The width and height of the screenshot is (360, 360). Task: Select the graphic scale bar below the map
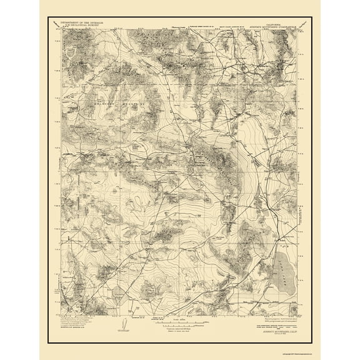coord(180,326)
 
